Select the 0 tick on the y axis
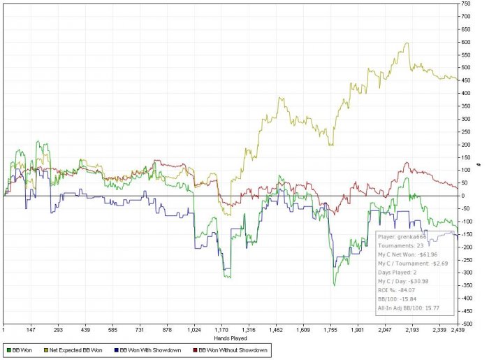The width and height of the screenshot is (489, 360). (464, 196)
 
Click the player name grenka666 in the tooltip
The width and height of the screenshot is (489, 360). (416, 237)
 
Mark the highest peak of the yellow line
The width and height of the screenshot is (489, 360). (407, 43)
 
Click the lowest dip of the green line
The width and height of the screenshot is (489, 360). (334, 285)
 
